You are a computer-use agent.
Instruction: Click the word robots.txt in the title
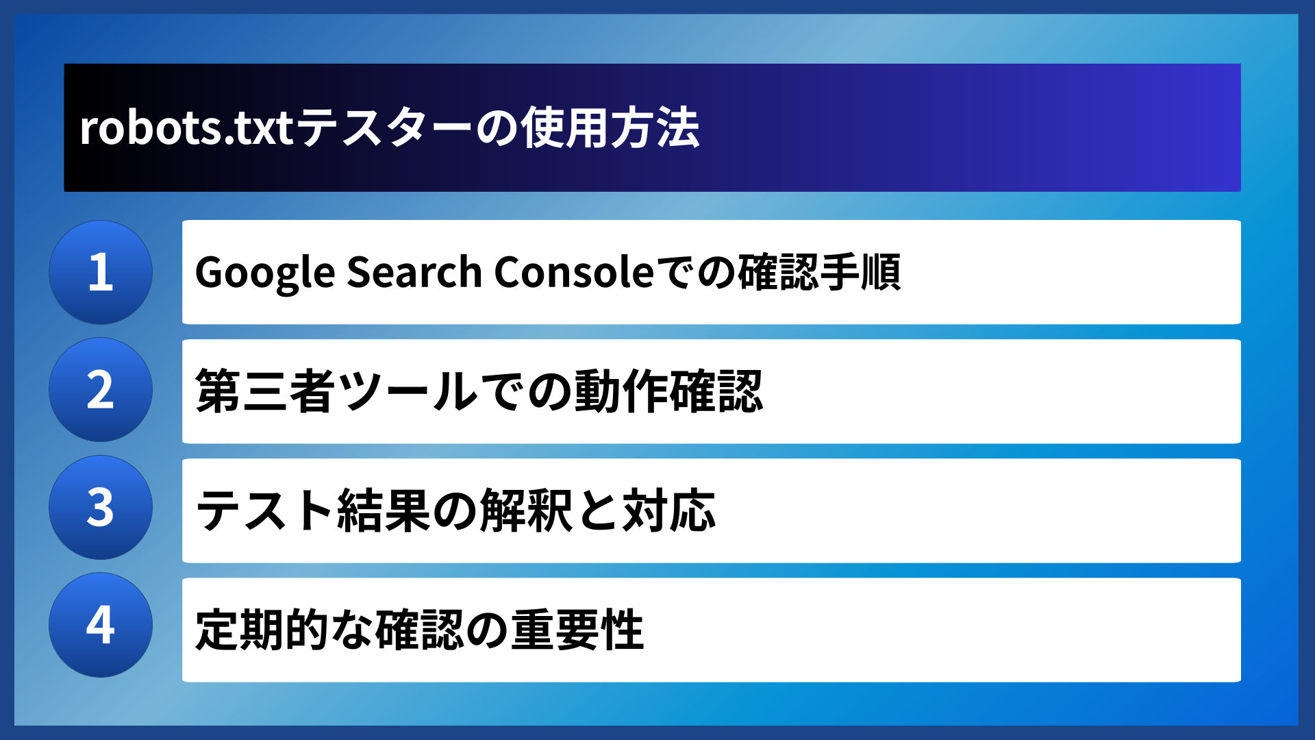tap(187, 128)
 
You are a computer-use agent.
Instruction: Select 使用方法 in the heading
tap(610, 128)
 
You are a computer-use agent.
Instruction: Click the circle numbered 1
tap(101, 272)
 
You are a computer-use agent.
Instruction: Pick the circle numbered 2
tap(101, 390)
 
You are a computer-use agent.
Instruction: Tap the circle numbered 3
tap(101, 508)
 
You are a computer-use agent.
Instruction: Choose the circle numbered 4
tap(101, 625)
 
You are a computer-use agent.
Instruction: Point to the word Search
tap(415, 272)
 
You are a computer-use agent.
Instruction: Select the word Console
tap(575, 272)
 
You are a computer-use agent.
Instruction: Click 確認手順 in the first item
tap(819, 272)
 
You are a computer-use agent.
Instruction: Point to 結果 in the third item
tap(384, 510)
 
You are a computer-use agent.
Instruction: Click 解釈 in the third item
tap(526, 510)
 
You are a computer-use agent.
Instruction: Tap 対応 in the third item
tap(669, 510)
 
